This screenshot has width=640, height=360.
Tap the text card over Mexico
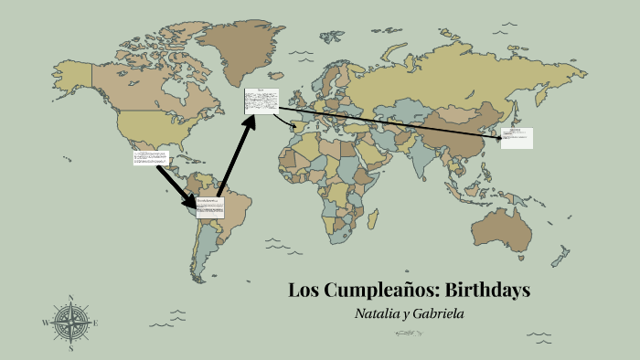[150, 158]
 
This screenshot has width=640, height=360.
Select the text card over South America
[210, 206]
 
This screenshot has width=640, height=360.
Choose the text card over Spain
[261, 101]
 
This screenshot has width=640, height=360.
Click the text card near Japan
[517, 138]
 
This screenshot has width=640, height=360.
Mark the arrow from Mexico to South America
[177, 186]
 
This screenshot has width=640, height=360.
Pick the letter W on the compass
[46, 323]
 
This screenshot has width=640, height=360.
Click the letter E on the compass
[95, 323]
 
